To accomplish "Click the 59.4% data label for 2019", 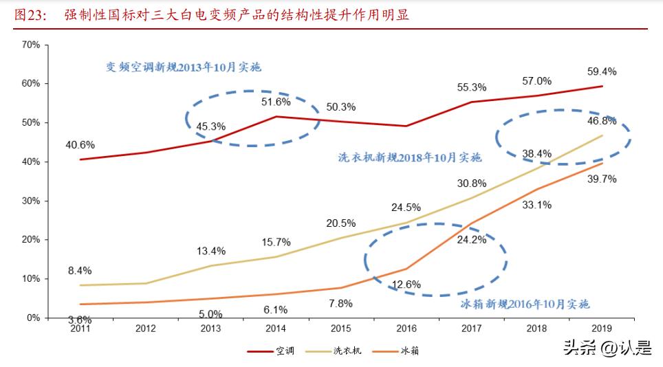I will pos(602,71).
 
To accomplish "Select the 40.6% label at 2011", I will pos(80,144).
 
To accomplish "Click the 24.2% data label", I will pos(472,240).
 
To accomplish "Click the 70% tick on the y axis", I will pos(31,45).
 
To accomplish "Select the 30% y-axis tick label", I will pos(31,201).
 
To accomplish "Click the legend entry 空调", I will pos(285,351).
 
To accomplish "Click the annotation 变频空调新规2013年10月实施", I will pos(184,67).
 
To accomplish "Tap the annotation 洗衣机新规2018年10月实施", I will pos(409,157).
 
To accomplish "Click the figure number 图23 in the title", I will pos(29,14).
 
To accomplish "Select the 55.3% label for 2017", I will pos(472,87).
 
